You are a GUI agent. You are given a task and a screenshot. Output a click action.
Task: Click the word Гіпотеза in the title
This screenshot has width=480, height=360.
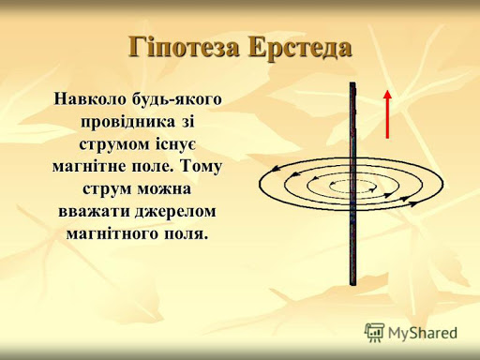181,48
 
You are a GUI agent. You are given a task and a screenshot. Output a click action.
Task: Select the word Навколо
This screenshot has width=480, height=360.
91,97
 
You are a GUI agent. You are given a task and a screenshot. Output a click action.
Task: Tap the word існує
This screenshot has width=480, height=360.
178,143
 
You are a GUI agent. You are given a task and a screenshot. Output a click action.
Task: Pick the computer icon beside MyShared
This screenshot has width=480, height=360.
375,331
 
